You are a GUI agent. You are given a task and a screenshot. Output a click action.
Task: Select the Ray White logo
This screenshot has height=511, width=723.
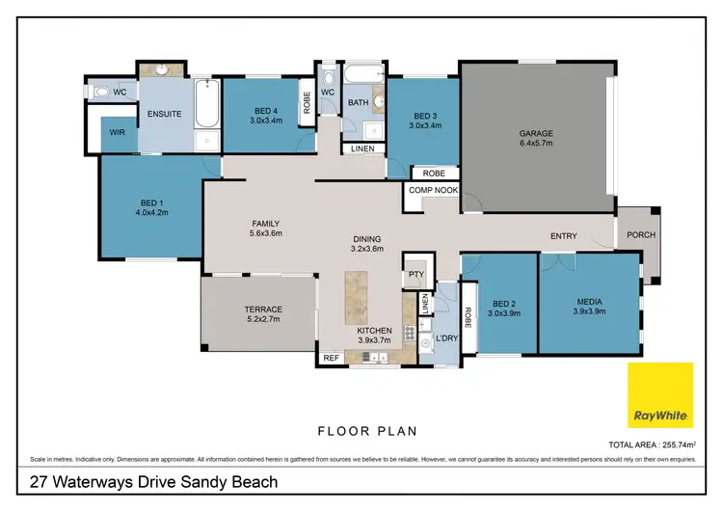[660, 395]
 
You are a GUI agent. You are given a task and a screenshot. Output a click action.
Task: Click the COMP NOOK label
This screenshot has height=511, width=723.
[433, 190]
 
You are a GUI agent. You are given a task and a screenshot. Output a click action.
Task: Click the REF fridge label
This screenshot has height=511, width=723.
[332, 358]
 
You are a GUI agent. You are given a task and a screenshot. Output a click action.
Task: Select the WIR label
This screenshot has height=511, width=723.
[119, 133]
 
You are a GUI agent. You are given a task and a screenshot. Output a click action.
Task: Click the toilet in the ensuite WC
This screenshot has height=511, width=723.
[100, 92]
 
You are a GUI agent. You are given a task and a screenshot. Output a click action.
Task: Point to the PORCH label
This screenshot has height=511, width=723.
[640, 234]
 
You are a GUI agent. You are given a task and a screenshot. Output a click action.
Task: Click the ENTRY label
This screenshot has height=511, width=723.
[564, 236]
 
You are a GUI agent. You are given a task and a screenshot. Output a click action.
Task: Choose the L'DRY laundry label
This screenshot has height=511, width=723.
[445, 338]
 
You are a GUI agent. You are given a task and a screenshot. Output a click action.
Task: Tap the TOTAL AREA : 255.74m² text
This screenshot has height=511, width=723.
[652, 446]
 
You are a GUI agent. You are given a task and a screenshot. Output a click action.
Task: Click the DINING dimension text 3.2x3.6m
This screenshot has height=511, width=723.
[366, 250]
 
